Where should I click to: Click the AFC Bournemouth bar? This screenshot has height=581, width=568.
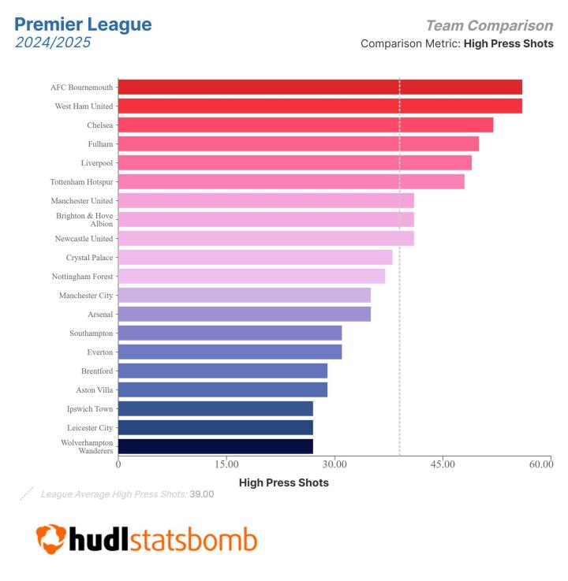tap(319, 87)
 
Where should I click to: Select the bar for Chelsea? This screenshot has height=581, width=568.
tap(305, 125)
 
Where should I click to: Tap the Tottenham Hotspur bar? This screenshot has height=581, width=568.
tap(291, 181)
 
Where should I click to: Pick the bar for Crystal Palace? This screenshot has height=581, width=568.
tap(255, 257)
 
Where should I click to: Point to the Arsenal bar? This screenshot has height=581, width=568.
tap(245, 314)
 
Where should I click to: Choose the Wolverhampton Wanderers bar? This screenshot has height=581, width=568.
tap(215, 446)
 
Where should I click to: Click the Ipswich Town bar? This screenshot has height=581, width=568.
tap(215, 408)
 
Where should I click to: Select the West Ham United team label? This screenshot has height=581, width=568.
tap(84, 106)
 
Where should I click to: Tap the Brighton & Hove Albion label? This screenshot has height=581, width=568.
tap(84, 219)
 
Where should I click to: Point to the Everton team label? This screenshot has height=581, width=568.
tap(100, 352)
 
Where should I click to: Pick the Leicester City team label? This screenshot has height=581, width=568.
tap(90, 427)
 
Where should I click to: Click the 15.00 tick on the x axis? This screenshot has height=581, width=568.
tap(226, 464)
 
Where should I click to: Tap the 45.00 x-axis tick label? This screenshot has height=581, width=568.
tap(443, 464)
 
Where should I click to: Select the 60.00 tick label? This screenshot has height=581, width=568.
tap(541, 464)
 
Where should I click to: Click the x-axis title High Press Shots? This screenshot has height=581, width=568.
tap(283, 482)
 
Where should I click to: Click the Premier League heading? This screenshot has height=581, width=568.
tap(83, 24)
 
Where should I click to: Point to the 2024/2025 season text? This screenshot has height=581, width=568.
tap(53, 43)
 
